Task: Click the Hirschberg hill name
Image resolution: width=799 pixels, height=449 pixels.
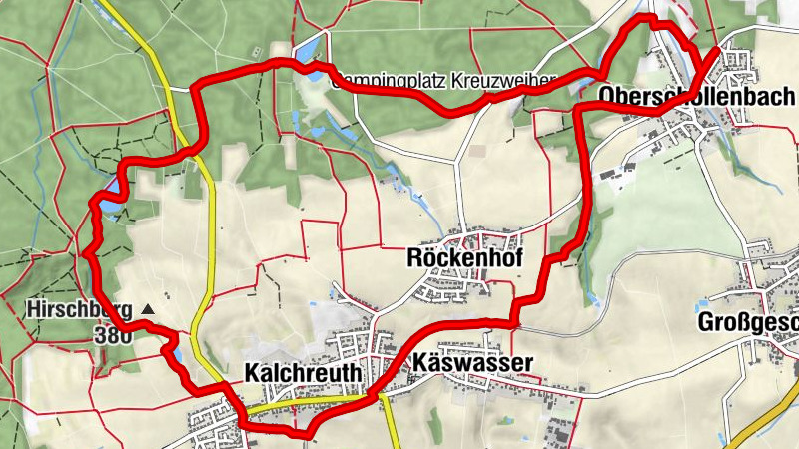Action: coord(78,310)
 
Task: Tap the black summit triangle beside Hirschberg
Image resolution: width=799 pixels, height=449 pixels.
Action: coord(149,310)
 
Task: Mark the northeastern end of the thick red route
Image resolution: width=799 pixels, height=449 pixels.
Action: coord(717,48)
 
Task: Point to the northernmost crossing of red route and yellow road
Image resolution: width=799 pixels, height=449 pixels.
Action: coord(192,152)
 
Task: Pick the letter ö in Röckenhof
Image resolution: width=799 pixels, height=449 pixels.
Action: coord(430,258)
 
